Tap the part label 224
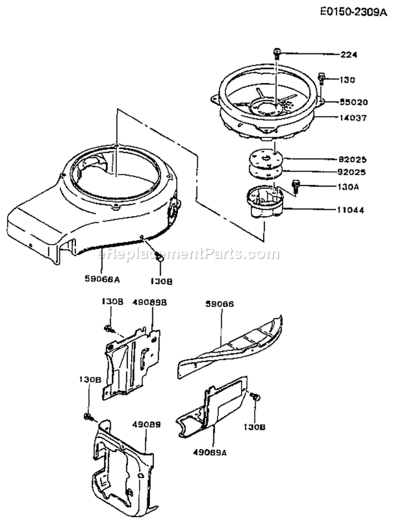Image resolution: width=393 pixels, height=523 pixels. pyautogui.click(x=348, y=54)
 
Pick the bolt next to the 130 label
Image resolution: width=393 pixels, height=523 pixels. pyautogui.click(x=322, y=79)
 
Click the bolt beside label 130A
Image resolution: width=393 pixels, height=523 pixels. pyautogui.click(x=297, y=184)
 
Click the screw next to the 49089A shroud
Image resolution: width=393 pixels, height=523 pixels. pyautogui.click(x=255, y=397)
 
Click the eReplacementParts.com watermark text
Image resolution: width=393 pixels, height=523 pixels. pyautogui.click(x=189, y=254)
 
